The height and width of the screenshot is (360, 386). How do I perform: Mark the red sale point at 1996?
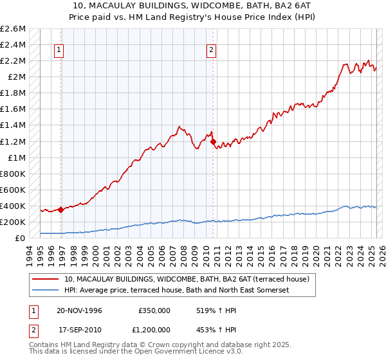[x=60, y=210]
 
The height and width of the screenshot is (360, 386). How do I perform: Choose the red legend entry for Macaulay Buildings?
[x=187, y=279]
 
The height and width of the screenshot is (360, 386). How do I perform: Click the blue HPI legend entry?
[x=177, y=290]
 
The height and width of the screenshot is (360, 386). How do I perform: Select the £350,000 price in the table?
[x=154, y=310]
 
